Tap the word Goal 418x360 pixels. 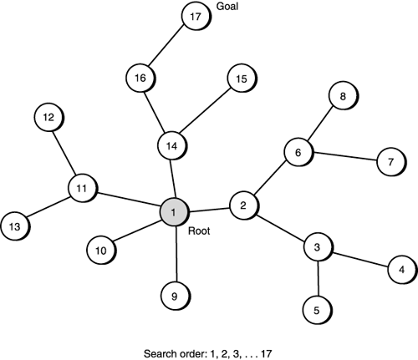(227, 11)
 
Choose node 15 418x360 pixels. (241, 79)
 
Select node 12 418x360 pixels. (48, 118)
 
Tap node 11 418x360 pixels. (82, 187)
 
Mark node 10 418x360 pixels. (100, 250)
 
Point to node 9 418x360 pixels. (174, 294)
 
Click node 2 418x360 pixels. (243, 205)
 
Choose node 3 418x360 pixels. (318, 248)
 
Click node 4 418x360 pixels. (401, 270)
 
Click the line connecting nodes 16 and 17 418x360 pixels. (167, 48)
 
